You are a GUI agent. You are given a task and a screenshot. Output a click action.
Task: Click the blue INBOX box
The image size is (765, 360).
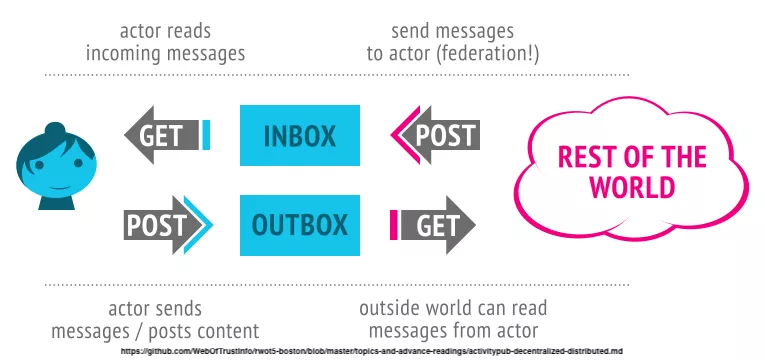coord(300,135)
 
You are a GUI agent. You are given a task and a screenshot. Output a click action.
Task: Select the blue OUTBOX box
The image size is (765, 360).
coord(300,225)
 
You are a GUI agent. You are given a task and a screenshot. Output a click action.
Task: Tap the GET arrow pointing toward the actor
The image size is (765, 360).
coord(161,135)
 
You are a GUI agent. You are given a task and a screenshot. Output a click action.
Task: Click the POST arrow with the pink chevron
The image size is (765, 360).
coord(435,135)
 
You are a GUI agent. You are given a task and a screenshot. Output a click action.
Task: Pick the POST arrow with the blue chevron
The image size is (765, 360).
coord(168,225)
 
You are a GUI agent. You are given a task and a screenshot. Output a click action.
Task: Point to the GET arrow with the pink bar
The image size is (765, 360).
coord(438,225)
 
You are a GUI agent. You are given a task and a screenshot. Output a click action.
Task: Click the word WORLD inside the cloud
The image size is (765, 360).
coord(632,187)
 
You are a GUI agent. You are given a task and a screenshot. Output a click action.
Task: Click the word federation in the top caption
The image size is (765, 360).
coord(482,54)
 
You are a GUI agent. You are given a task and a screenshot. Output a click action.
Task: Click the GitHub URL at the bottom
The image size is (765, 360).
coord(372,351)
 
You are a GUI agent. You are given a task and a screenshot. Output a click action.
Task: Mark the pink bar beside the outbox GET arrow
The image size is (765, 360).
coord(394,225)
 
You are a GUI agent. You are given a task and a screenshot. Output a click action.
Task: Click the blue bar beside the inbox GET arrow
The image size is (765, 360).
coord(206,135)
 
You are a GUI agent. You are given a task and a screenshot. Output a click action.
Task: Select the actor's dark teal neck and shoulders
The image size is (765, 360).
coord(57,201)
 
